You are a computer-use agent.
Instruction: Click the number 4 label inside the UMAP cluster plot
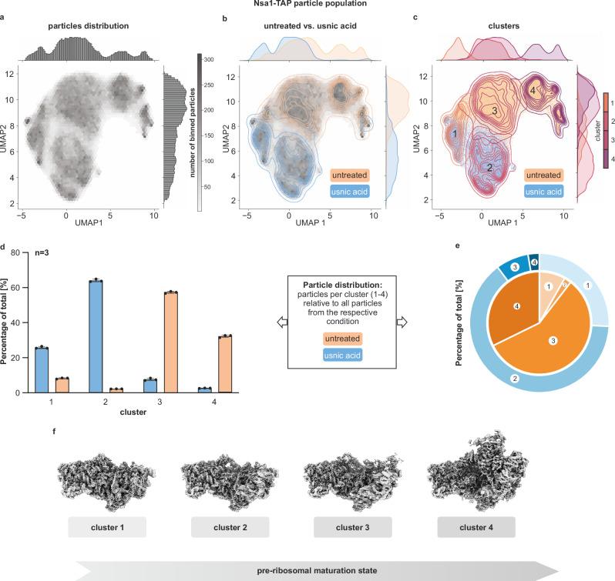(533, 91)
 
